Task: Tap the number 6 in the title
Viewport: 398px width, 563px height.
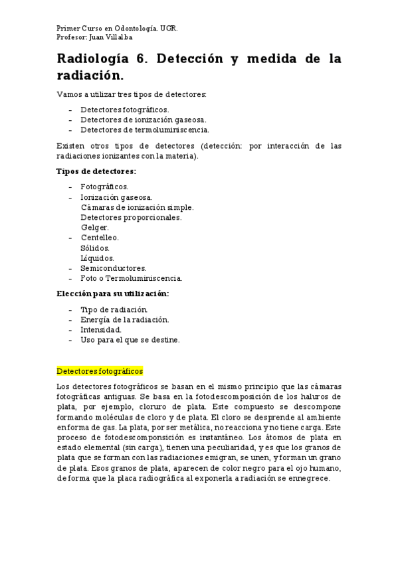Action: point(142,59)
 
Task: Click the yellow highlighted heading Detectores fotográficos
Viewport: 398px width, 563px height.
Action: point(100,371)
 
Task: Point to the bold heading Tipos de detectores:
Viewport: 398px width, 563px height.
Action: point(96,171)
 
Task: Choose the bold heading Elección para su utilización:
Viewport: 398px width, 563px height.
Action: point(113,293)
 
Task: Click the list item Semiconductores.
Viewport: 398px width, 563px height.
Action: point(114,268)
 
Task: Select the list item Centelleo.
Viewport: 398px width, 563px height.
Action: point(100,238)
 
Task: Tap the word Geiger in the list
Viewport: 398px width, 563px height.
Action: point(94,228)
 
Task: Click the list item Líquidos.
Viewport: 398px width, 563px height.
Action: point(98,258)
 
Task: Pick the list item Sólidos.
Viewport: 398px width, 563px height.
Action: point(95,248)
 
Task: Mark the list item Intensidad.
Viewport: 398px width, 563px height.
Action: point(101,330)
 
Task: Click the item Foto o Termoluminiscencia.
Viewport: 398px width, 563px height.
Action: point(132,279)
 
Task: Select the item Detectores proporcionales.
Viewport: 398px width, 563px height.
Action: point(132,218)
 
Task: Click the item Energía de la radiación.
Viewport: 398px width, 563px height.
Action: point(125,320)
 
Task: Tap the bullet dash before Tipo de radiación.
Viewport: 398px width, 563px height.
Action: point(70,310)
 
